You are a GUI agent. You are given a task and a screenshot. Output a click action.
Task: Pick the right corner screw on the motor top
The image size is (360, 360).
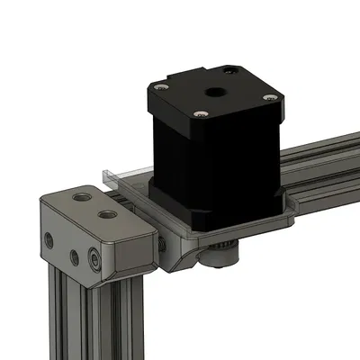[267, 99]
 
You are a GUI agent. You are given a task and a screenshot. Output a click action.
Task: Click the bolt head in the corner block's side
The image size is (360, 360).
[94, 262]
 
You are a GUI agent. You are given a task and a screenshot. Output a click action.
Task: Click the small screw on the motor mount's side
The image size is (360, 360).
[161, 242]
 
